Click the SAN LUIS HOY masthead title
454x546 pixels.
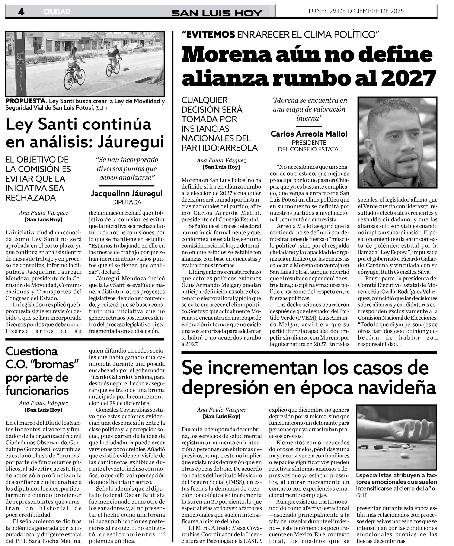point(216,13)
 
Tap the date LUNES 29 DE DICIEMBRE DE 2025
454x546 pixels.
point(356,11)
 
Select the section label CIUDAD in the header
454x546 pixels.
point(57,12)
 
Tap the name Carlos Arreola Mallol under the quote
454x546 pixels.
point(309,134)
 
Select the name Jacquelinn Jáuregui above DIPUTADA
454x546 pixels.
point(127,193)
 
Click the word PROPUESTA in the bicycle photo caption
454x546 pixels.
point(26,101)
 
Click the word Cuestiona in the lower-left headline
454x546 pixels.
point(31,351)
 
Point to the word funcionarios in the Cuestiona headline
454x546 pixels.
point(37,390)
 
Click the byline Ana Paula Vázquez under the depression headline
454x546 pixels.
point(221,410)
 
